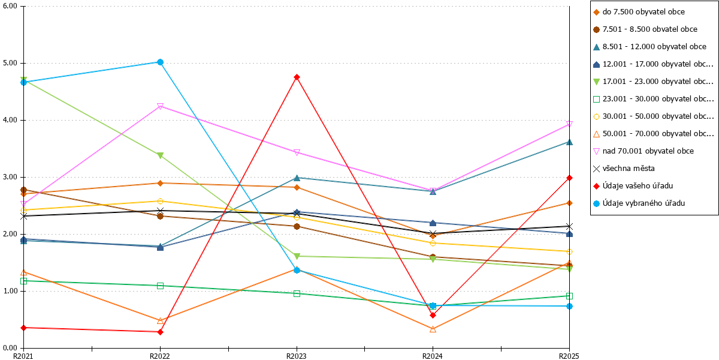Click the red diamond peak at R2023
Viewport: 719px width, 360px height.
297,77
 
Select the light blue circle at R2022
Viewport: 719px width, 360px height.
160,62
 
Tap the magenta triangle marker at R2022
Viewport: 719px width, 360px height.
160,106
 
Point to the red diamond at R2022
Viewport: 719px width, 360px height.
160,332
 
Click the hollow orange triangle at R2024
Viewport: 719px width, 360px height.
433,329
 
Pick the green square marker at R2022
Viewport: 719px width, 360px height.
160,286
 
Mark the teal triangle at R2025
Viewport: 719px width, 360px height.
569,142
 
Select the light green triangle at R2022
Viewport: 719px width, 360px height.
160,155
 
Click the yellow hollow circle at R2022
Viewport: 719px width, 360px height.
160,201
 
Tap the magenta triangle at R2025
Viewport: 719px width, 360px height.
569,124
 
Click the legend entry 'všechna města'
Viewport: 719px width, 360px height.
629,169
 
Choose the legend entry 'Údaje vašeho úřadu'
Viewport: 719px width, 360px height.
638,186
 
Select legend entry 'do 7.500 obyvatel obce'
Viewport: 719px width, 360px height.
644,12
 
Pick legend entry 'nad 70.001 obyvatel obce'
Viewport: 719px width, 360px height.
648,151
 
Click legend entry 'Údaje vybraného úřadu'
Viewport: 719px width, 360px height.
644,203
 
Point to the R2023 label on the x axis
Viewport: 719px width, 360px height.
296,356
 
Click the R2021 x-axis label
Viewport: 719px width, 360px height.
23,356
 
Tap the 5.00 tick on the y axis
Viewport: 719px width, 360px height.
10,63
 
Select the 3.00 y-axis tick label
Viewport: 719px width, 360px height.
10,177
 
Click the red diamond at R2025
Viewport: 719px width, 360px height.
569,178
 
